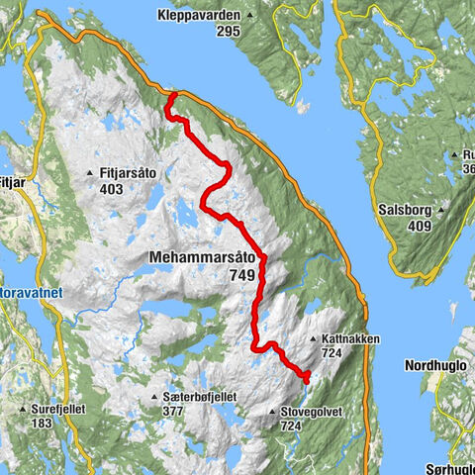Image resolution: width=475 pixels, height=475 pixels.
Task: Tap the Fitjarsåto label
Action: point(134,172)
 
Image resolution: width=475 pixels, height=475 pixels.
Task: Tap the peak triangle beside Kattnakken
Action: point(314,339)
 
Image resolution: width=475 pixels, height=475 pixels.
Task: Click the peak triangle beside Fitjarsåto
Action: point(92,172)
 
